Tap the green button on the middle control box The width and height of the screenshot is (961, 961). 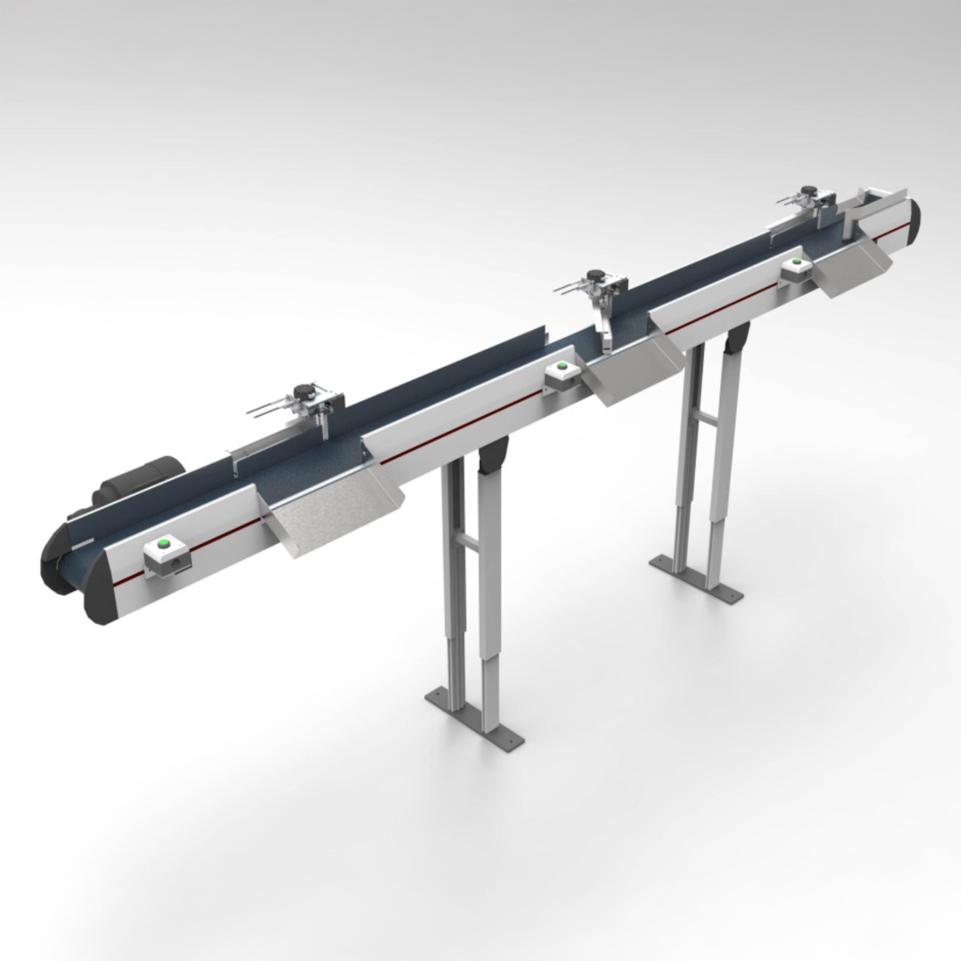point(562,365)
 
